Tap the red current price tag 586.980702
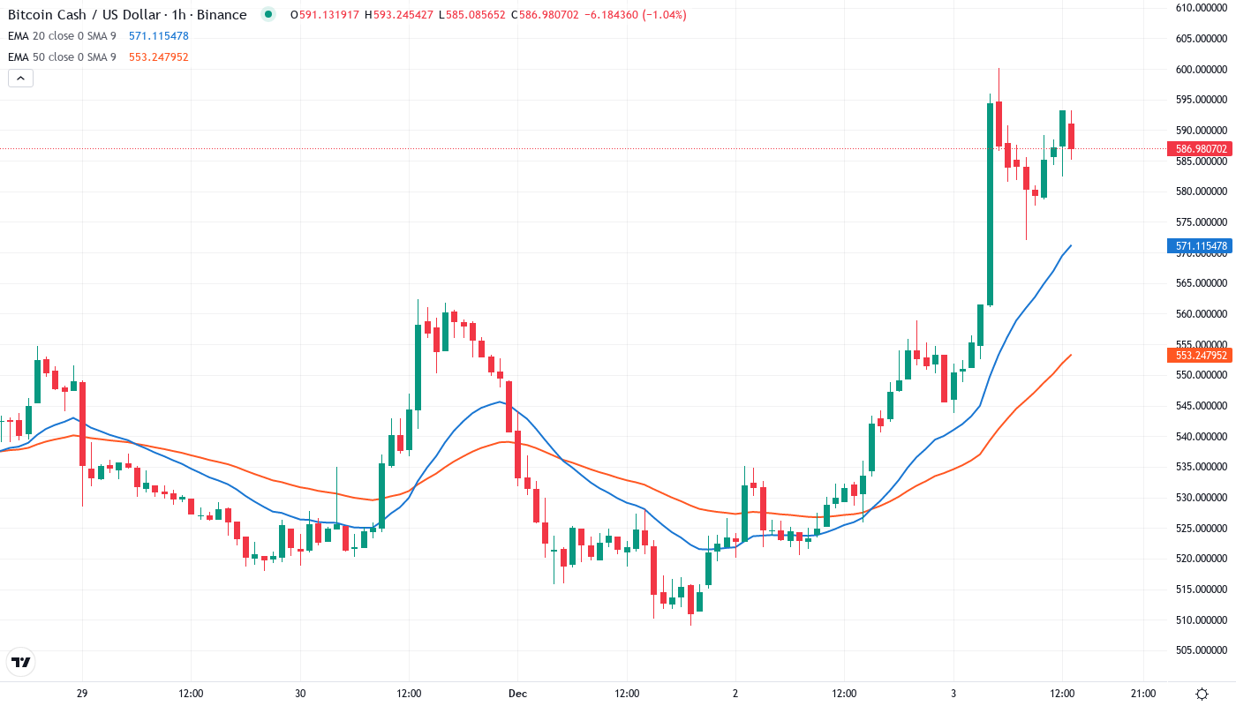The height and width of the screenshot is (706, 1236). [1200, 149]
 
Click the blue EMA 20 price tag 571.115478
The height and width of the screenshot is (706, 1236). [1200, 246]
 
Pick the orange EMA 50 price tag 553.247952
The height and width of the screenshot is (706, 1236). [1200, 356]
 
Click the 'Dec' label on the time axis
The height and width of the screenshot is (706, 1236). [517, 694]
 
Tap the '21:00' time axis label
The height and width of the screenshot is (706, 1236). [1143, 694]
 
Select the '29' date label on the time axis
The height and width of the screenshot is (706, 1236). [82, 694]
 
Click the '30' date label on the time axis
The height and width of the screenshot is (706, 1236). [300, 694]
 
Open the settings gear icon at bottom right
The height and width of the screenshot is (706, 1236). [1202, 694]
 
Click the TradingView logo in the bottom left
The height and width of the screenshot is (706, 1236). [21, 662]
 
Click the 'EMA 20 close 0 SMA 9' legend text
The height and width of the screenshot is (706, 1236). [62, 36]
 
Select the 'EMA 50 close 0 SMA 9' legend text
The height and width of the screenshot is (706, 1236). [62, 57]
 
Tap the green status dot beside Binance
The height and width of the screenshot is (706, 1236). [268, 14]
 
